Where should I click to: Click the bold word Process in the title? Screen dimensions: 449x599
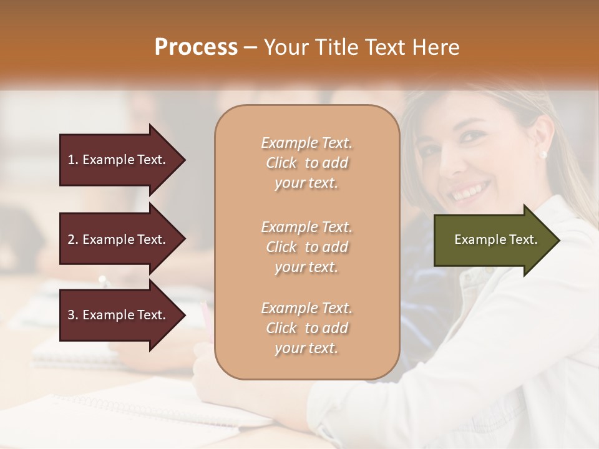[196, 47]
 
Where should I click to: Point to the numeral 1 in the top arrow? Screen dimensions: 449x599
[71, 160]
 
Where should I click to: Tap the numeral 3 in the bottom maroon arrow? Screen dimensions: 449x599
[71, 315]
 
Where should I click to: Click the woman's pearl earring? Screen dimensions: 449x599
[542, 155]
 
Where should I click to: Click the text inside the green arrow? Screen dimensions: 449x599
[496, 239]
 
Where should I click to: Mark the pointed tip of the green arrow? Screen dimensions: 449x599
[559, 240]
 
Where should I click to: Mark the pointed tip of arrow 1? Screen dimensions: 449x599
[185, 160]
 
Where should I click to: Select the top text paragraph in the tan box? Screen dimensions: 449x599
[306, 163]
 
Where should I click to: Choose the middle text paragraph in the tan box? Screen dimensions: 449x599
[306, 247]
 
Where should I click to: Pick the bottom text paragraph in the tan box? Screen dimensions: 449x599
[306, 328]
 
